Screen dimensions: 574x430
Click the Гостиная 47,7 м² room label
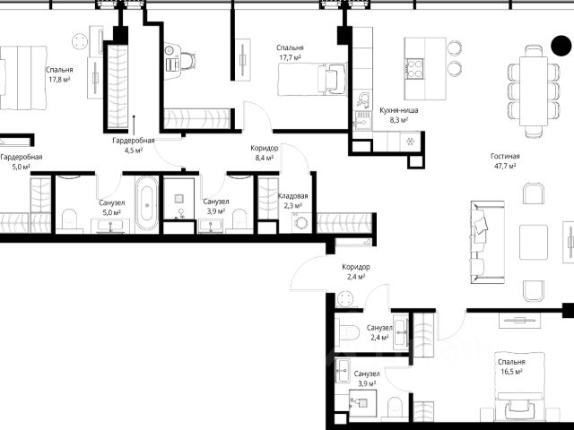click(505, 161)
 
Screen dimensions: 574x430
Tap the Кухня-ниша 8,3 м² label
click(398, 115)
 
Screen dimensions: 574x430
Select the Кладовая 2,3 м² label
click(293, 201)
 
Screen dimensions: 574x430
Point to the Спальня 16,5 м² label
click(511, 366)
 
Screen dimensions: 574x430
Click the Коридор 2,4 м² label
click(356, 271)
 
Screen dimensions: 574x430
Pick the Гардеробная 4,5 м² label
click(134, 145)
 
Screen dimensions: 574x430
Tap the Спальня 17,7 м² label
click(290, 52)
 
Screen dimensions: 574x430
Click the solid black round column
click(561, 46)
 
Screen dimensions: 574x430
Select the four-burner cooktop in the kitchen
click(413, 69)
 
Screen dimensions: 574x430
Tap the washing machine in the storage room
click(301, 223)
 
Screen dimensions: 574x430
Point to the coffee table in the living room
click(534, 242)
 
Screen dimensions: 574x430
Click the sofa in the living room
click(487, 242)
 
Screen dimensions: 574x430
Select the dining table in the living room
click(535, 91)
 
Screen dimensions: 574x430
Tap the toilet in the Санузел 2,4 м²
click(348, 332)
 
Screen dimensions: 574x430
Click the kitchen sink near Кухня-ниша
click(363, 118)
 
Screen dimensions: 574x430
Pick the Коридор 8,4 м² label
click(265, 153)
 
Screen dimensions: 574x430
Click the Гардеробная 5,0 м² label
click(21, 161)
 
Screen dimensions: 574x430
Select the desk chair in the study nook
click(187, 61)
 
